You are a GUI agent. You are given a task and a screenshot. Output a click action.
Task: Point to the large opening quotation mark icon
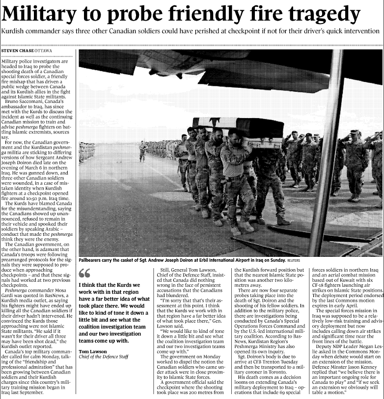coord(84,273)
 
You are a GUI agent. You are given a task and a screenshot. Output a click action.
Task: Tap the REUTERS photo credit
coord(294,261)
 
